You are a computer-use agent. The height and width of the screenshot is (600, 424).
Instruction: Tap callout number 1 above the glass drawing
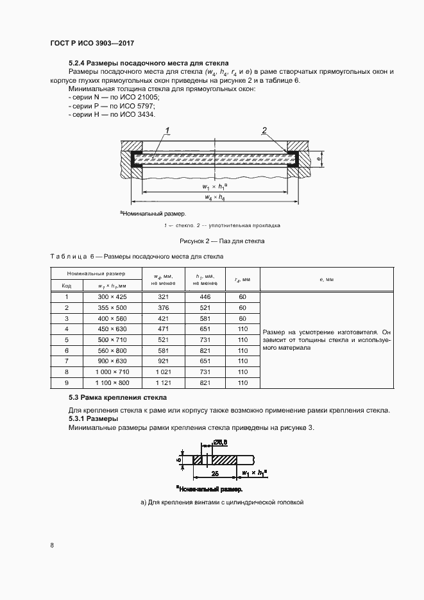point(167,131)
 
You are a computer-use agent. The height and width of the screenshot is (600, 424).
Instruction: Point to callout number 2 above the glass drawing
point(264,131)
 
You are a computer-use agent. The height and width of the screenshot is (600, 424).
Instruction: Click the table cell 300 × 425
point(112,297)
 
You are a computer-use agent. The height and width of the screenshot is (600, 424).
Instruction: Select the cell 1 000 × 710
point(112,372)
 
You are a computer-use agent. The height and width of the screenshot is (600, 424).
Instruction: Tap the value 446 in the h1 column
point(205,297)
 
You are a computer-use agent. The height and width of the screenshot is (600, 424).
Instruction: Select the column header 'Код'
point(67,285)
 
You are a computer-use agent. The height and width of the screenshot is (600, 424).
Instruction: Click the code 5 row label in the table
point(67,339)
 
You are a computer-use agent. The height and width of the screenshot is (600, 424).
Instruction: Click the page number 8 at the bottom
point(52,545)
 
